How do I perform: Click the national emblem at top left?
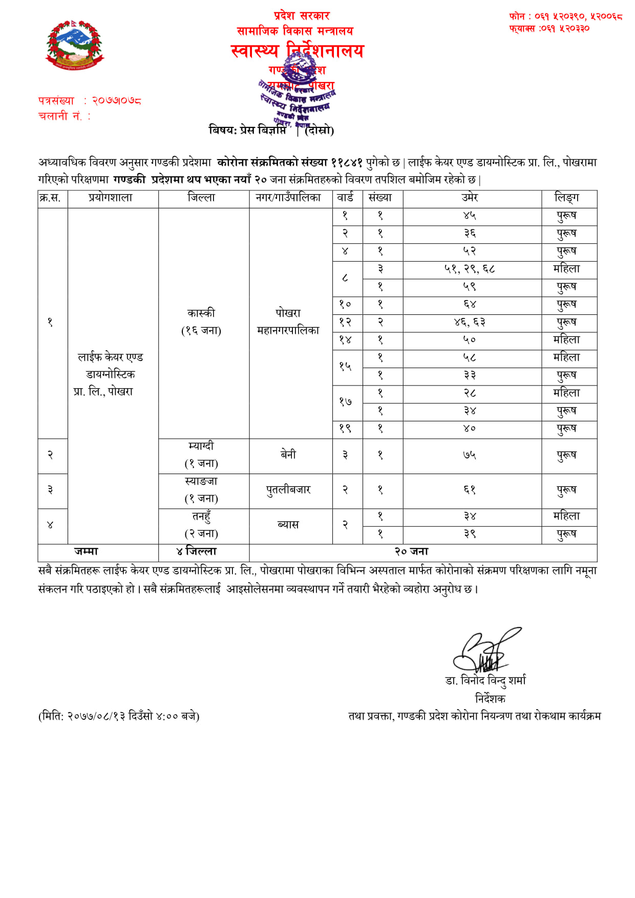coord(74,45)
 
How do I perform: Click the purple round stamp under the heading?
coord(297,95)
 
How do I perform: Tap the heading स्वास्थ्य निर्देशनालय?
coord(297,51)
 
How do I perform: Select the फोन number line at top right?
coord(565,16)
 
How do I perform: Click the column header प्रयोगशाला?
coord(110,198)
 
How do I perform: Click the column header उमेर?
coord(470,198)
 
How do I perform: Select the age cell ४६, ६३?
coord(470,323)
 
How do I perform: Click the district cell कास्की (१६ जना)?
coord(201,322)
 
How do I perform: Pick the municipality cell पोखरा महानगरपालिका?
coord(288,322)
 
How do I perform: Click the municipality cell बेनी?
coord(288,455)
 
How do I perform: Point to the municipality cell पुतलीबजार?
coord(288,490)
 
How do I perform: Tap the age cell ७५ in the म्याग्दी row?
coord(470,455)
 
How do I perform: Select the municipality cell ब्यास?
coord(288,525)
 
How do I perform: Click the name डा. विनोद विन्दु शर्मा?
coord(485,680)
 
